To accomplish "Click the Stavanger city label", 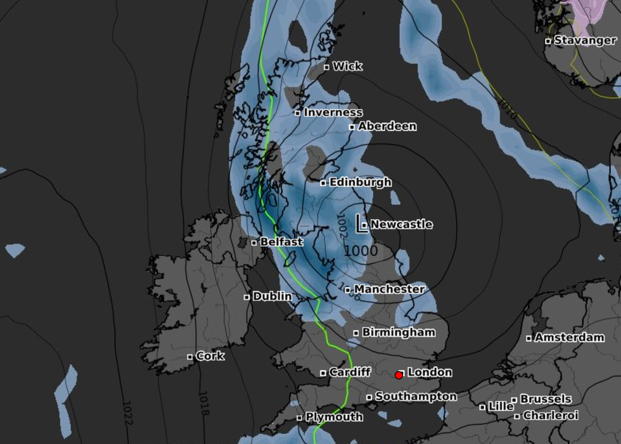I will [x=584, y=41].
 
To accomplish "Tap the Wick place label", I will [x=347, y=66].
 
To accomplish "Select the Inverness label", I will [x=333, y=113].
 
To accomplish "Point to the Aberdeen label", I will [x=387, y=126].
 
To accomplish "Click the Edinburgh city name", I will [x=360, y=182].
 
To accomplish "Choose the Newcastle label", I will [x=401, y=224].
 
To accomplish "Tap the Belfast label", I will [x=281, y=242].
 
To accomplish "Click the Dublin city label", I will [x=272, y=296].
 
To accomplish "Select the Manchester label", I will [x=389, y=289].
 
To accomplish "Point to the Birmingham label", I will [x=398, y=332].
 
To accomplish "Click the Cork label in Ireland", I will [x=210, y=356].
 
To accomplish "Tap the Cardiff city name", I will [x=349, y=372].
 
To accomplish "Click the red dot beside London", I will [x=399, y=375].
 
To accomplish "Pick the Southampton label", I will [x=416, y=396].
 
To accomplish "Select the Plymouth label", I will [x=334, y=417].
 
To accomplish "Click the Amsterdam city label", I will [x=569, y=338].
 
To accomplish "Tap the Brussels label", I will [x=546, y=400].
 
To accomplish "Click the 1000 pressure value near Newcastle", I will [x=361, y=251].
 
